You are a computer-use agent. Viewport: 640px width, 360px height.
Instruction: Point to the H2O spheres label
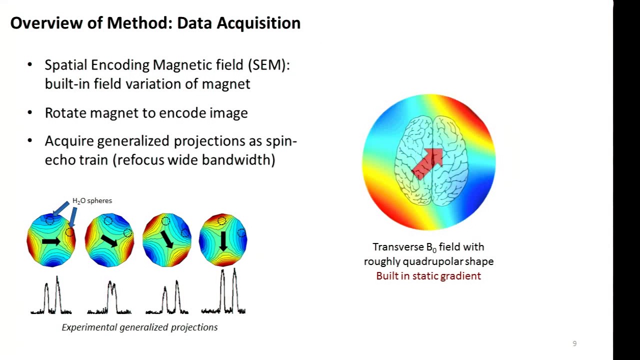pos(92,200)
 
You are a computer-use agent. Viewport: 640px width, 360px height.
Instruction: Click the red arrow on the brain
pos(428,163)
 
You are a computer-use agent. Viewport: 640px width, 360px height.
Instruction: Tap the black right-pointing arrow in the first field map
pos(51,241)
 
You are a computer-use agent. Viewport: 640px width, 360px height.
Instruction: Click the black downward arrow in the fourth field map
pos(223,241)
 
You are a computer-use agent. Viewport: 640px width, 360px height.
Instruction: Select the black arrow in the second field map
pos(109,240)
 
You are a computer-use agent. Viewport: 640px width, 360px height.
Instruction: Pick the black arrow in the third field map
pos(167,239)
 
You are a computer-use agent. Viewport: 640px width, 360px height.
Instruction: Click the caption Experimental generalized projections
pos(139,327)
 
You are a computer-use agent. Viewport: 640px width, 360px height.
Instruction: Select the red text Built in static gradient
pos(428,276)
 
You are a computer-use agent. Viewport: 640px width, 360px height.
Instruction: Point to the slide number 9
pos(574,343)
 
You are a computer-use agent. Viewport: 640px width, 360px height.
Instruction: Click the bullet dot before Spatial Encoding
pos(30,65)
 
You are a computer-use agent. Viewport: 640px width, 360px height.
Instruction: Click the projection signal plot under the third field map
pos(167,299)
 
